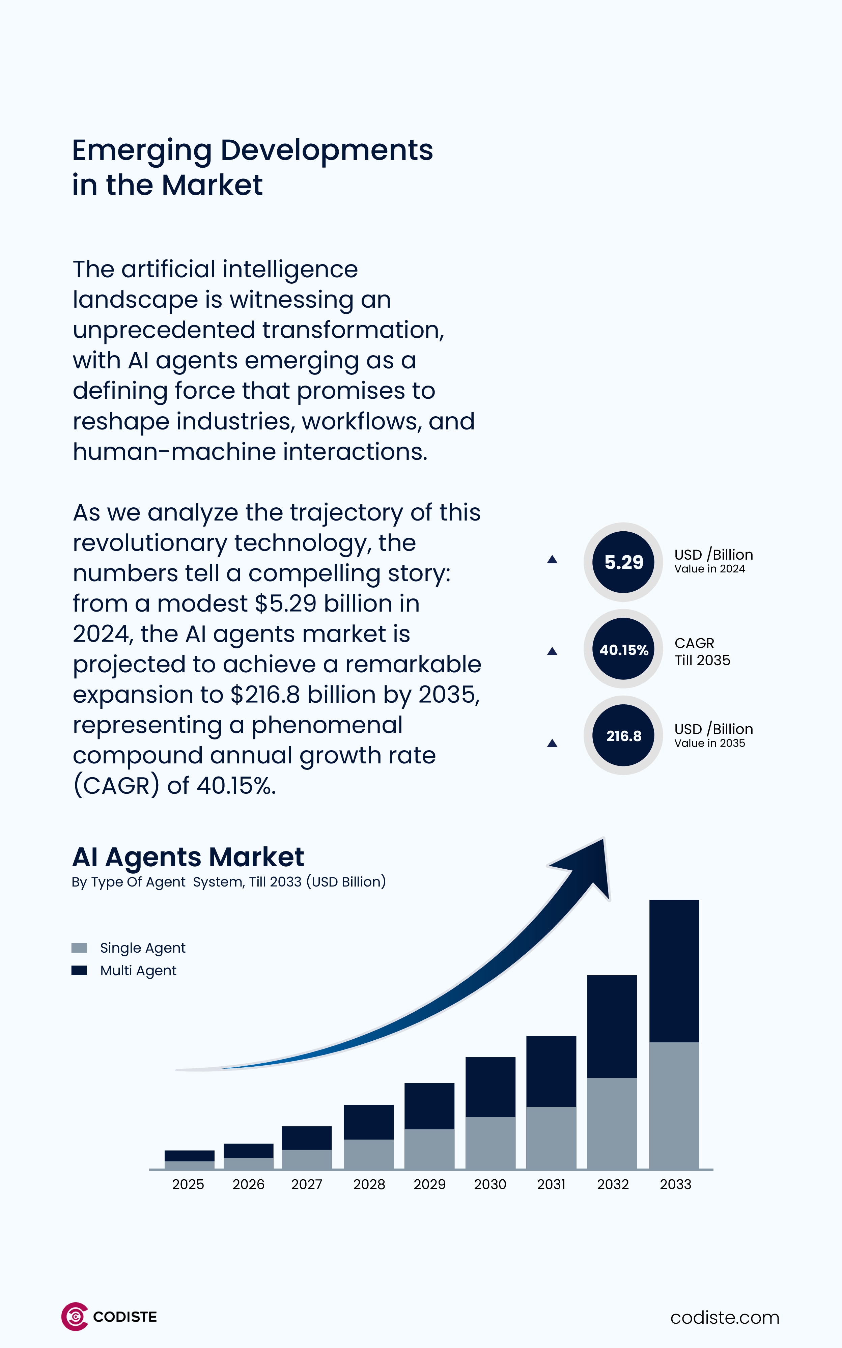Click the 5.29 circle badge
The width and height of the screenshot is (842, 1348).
pyautogui.click(x=623, y=562)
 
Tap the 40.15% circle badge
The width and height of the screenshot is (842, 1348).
pyautogui.click(x=623, y=649)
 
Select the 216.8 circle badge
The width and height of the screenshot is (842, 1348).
pyautogui.click(x=623, y=735)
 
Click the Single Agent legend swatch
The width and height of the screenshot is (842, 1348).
pyautogui.click(x=79, y=948)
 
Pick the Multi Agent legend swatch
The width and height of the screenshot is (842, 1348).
pyautogui.click(x=79, y=971)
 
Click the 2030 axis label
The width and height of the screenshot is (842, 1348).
pyautogui.click(x=490, y=1184)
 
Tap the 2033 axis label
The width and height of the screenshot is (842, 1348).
pyautogui.click(x=675, y=1184)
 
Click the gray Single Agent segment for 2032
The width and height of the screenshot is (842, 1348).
pyautogui.click(x=612, y=1123)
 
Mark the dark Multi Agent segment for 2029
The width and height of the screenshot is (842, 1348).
pyautogui.click(x=429, y=1106)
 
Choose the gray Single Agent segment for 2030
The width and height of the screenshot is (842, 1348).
pyautogui.click(x=490, y=1143)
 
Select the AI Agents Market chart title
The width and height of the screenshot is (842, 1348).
pyautogui.click(x=188, y=857)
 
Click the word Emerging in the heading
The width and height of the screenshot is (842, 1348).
pyautogui.click(x=142, y=150)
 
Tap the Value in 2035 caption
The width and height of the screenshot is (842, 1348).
pyautogui.click(x=709, y=743)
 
